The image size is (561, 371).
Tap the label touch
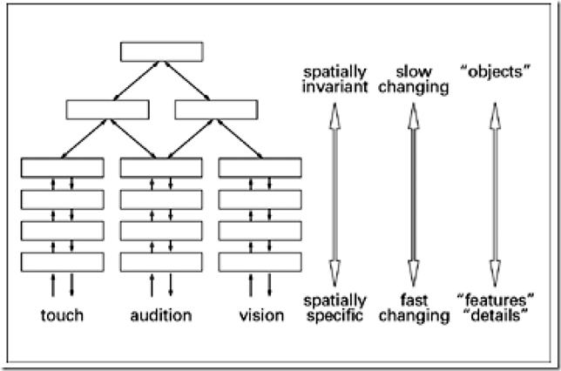click(63, 314)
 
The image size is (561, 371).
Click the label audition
click(160, 314)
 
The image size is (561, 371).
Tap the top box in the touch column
click(63, 167)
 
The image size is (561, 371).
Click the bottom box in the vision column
click(260, 260)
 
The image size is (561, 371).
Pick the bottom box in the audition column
click(161, 260)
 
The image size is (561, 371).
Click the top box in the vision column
click(260, 167)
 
